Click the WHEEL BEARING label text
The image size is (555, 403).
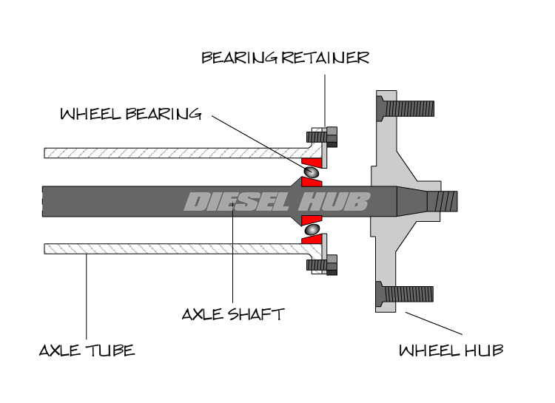click(130, 114)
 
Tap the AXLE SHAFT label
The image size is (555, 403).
click(232, 314)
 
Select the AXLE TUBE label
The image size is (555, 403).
click(87, 349)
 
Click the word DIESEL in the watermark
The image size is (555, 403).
click(235, 201)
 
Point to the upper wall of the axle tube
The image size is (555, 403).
click(170, 153)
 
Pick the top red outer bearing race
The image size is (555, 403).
click(314, 160)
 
